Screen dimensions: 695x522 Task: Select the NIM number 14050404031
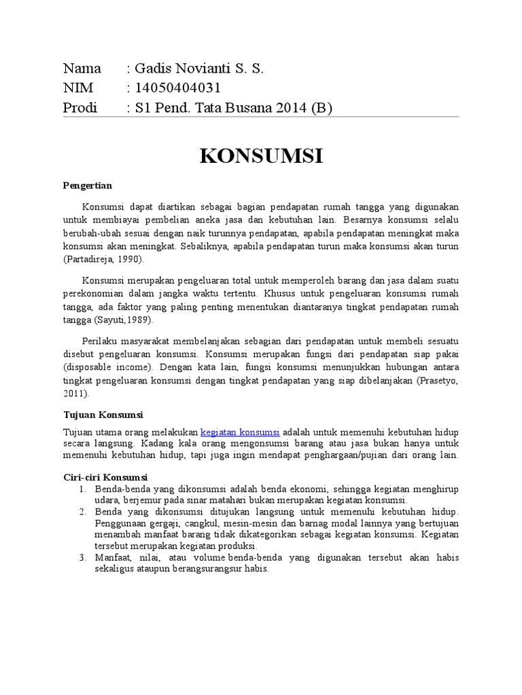tap(178, 88)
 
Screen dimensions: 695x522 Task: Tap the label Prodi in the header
tap(80, 108)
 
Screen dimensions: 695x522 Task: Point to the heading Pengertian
tap(88, 185)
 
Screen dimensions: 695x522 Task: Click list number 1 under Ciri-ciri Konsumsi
tap(82, 489)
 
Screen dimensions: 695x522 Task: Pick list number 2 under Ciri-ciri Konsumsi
tap(82, 511)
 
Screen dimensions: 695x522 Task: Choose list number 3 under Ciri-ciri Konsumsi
tap(82, 557)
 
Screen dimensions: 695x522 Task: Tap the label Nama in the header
tap(82, 69)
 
